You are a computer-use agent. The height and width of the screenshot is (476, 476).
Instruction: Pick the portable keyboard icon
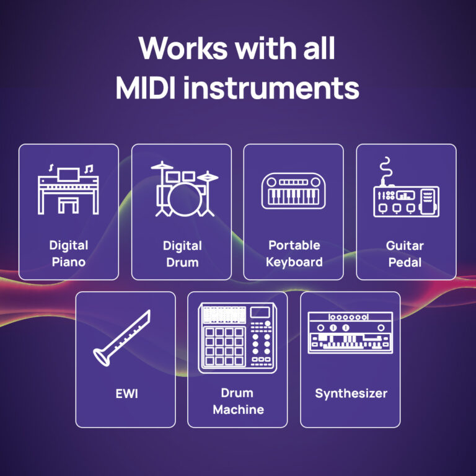click(294, 191)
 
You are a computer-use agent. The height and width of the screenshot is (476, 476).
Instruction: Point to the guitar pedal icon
click(406, 192)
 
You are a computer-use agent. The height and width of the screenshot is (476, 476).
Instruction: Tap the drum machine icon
click(237, 338)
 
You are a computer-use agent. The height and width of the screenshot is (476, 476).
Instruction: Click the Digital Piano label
click(68, 253)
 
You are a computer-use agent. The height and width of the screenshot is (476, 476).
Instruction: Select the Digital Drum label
click(182, 253)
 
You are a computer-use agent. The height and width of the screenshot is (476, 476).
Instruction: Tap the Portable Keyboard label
click(294, 253)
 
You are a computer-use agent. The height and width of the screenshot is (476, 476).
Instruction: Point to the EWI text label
click(125, 393)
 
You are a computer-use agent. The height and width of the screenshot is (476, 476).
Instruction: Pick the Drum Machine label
click(237, 401)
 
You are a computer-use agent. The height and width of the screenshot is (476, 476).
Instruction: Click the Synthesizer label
click(350, 394)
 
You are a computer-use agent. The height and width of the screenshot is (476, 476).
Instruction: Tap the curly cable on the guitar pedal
click(386, 169)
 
